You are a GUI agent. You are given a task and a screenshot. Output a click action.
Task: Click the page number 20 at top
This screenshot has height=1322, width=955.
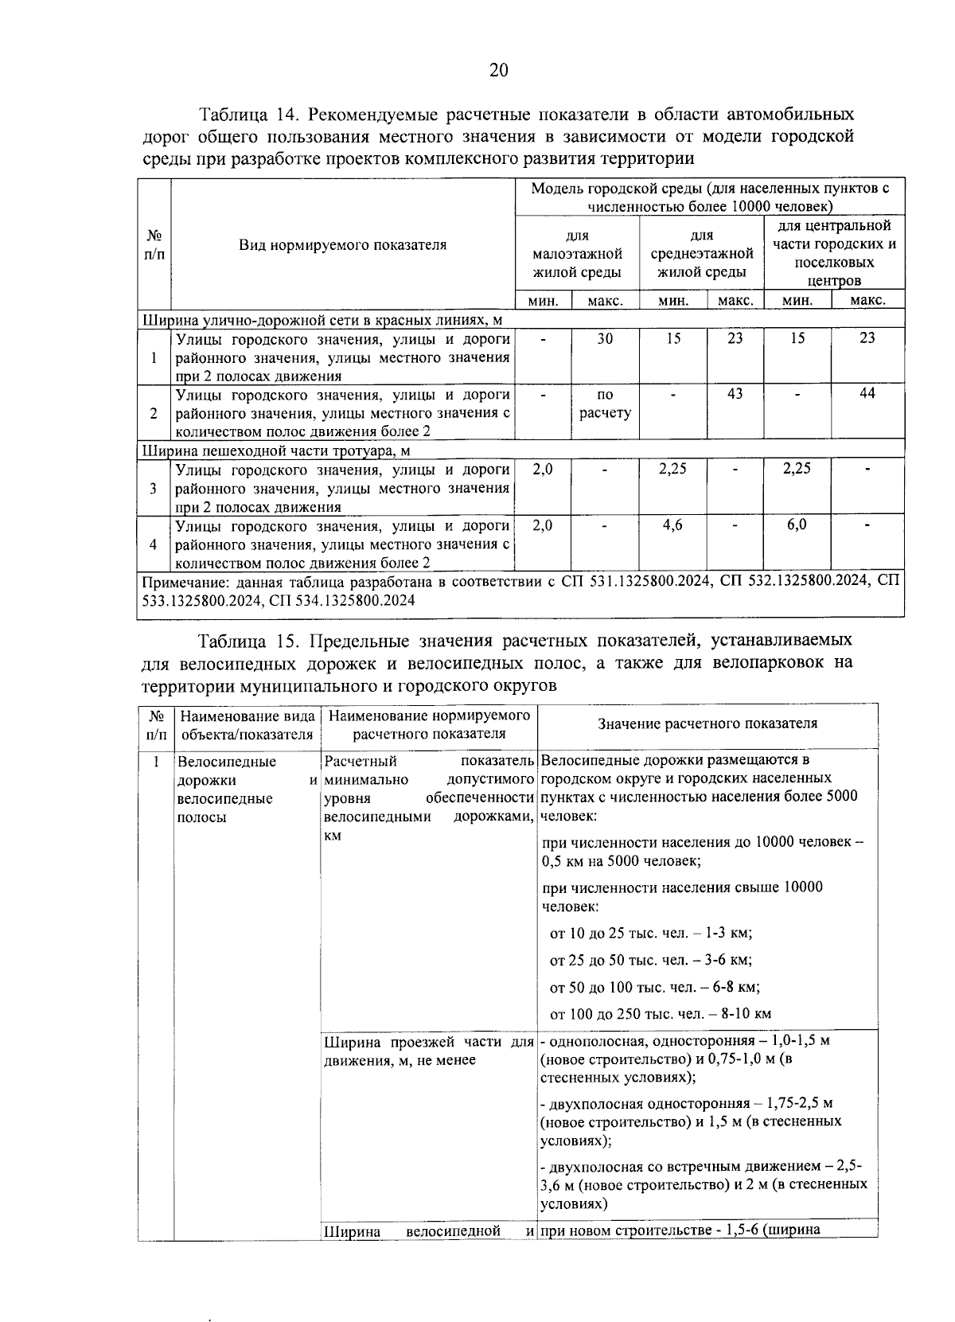(498, 70)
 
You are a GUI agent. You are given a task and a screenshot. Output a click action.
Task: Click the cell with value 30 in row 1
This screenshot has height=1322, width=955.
(605, 338)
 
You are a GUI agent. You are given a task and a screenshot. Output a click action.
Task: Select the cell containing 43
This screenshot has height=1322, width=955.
(735, 394)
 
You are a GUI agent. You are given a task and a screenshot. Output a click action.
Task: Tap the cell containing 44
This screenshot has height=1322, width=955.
(867, 394)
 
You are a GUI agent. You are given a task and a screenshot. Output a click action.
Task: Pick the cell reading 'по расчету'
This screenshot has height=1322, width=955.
(605, 404)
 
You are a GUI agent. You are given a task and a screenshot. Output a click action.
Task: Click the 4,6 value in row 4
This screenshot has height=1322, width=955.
(672, 525)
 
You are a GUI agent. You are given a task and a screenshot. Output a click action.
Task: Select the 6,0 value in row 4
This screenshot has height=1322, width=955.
(797, 525)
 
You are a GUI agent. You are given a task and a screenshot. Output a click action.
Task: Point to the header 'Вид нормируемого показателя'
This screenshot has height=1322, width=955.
(343, 244)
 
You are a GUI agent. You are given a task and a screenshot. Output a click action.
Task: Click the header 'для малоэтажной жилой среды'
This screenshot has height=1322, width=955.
(577, 254)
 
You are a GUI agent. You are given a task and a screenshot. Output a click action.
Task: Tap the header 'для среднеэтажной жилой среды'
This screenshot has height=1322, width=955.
(701, 254)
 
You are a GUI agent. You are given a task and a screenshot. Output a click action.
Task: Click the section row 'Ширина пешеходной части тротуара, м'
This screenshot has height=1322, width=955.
(276, 450)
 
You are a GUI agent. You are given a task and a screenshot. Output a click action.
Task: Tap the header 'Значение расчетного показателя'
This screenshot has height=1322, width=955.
(707, 723)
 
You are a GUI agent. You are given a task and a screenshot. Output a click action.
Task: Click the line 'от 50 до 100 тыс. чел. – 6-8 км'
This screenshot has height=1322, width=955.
(655, 988)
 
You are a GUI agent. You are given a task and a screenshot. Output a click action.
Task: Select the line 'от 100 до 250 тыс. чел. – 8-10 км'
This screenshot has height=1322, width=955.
(661, 1014)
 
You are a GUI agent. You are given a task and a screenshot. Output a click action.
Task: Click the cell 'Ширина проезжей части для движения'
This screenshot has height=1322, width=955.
(428, 1051)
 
